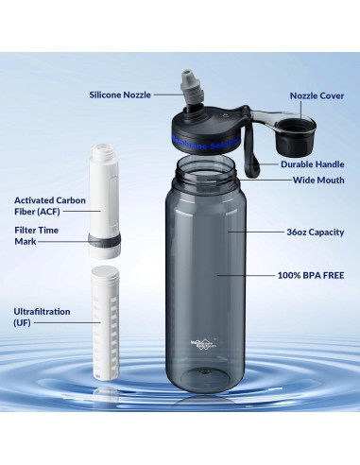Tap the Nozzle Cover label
317,95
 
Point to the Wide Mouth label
317,180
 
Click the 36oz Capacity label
313,232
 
